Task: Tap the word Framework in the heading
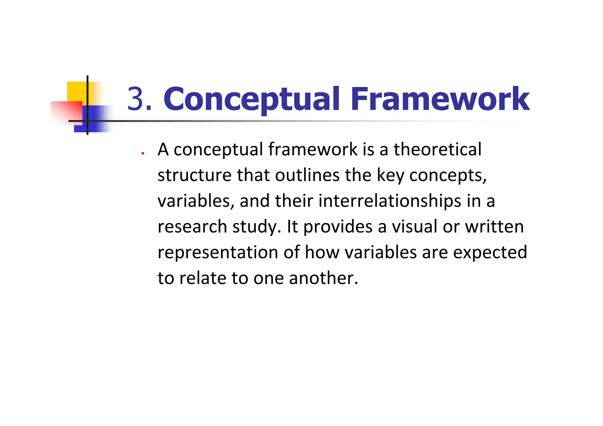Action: point(440,99)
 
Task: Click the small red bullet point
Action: point(143,153)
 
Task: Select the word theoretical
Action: point(438,149)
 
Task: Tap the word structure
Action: point(194,175)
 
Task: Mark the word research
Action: point(192,227)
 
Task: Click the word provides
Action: point(338,227)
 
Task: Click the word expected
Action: point(490,252)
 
